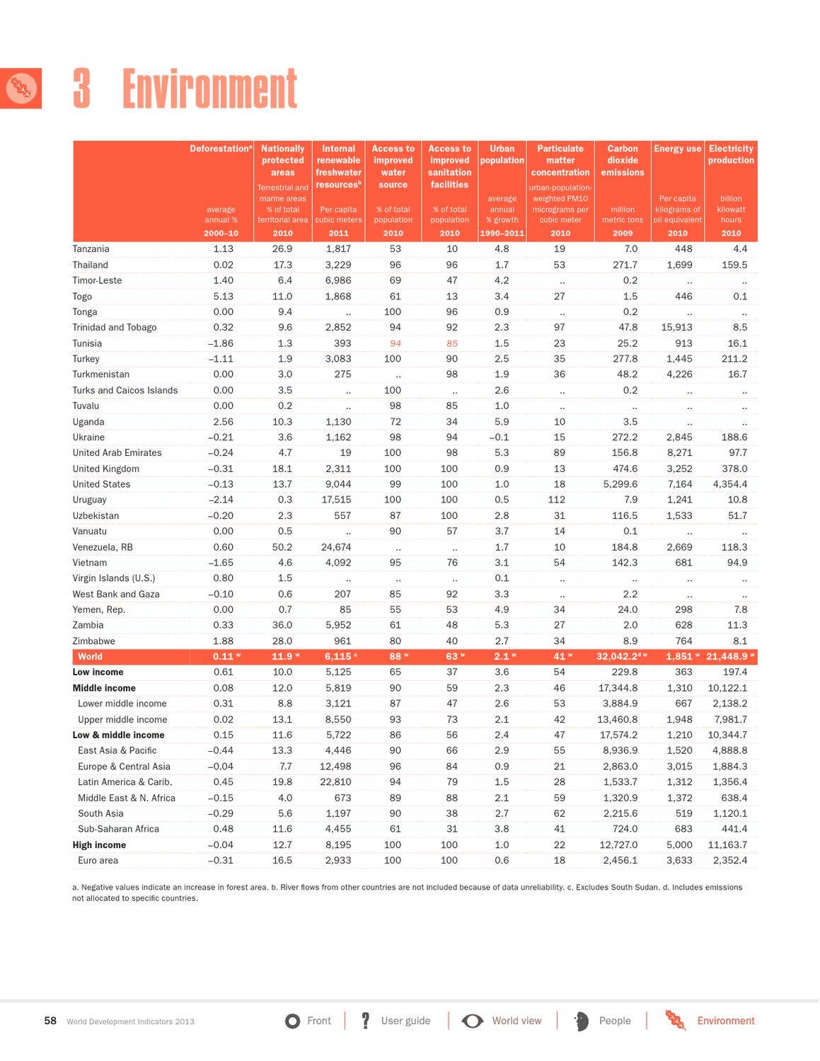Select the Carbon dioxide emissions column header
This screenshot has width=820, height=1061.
click(x=623, y=161)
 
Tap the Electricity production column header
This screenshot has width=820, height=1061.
click(x=731, y=154)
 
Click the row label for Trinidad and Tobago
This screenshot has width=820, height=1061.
click(x=115, y=328)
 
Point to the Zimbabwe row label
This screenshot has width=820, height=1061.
click(x=93, y=641)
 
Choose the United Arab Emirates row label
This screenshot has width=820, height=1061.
click(x=117, y=453)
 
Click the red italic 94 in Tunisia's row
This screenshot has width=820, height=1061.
click(x=395, y=343)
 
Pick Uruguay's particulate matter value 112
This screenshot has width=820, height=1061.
click(x=559, y=500)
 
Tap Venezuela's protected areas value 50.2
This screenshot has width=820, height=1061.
click(x=282, y=547)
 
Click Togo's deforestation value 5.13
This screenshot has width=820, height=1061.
click(x=223, y=297)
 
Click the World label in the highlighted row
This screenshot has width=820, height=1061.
click(x=90, y=657)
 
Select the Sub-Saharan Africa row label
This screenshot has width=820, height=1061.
click(x=118, y=829)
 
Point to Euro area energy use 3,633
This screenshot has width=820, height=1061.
click(x=679, y=861)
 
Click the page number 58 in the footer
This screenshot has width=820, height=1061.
click(x=50, y=1021)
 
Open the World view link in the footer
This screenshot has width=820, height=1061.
click(x=516, y=1021)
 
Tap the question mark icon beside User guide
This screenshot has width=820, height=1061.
click(x=365, y=1021)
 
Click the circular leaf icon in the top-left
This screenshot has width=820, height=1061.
click(x=21, y=88)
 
